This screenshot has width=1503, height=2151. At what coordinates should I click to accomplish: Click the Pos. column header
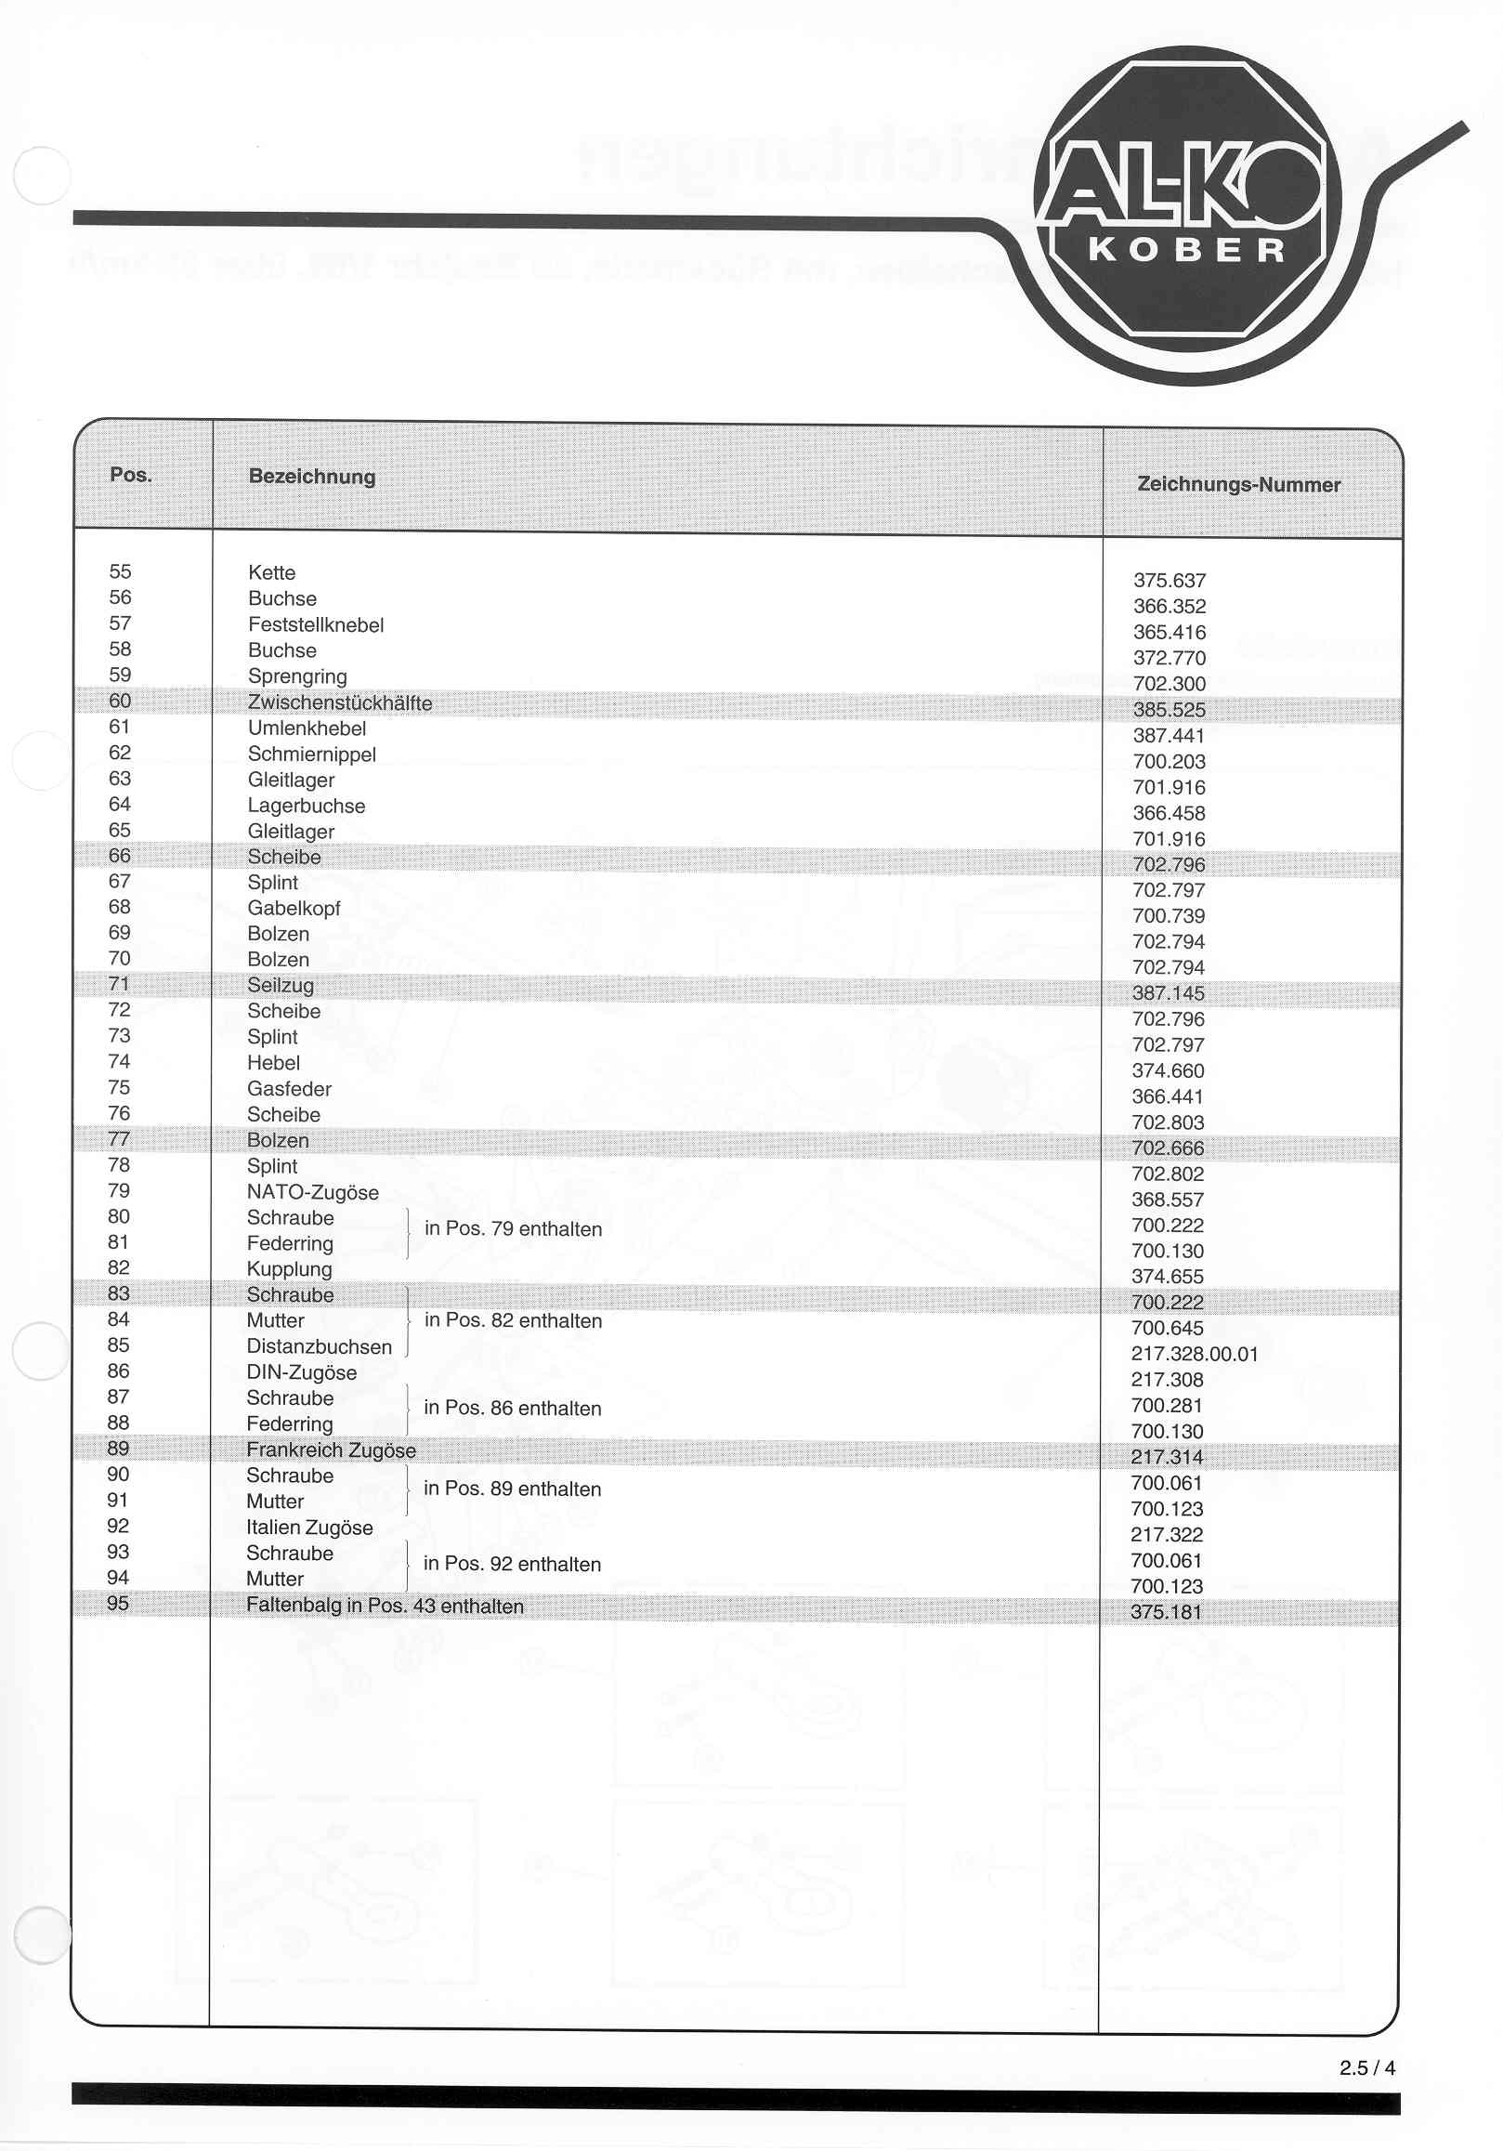[130, 475]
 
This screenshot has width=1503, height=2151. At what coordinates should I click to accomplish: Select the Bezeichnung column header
[312, 477]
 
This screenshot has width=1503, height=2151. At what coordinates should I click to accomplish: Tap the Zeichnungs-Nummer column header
[1238, 484]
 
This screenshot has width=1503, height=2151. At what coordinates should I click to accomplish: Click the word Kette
[271, 572]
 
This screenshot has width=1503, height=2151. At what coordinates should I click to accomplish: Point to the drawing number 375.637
[1169, 581]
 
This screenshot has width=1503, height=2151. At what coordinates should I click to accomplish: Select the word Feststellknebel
[316, 625]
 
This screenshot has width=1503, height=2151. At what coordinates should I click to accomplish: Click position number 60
[120, 701]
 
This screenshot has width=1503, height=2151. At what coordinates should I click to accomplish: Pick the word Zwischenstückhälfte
[340, 702]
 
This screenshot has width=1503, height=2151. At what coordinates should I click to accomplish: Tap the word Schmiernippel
[312, 754]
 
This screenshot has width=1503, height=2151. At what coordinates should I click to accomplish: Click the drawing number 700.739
[1168, 916]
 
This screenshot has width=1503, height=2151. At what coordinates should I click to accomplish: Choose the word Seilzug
[280, 986]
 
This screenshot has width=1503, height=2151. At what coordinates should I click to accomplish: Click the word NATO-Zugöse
[313, 1193]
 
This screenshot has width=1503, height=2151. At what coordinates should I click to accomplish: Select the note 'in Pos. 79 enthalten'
[513, 1229]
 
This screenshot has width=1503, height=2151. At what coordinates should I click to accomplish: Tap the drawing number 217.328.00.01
[1194, 1354]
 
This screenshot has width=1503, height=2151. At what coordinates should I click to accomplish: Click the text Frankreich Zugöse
[331, 1450]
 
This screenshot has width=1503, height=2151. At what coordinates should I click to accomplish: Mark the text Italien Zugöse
[309, 1528]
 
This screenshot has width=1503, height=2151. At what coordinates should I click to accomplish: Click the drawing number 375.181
[1166, 1612]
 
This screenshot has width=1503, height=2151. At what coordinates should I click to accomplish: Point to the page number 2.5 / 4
[1367, 2067]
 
